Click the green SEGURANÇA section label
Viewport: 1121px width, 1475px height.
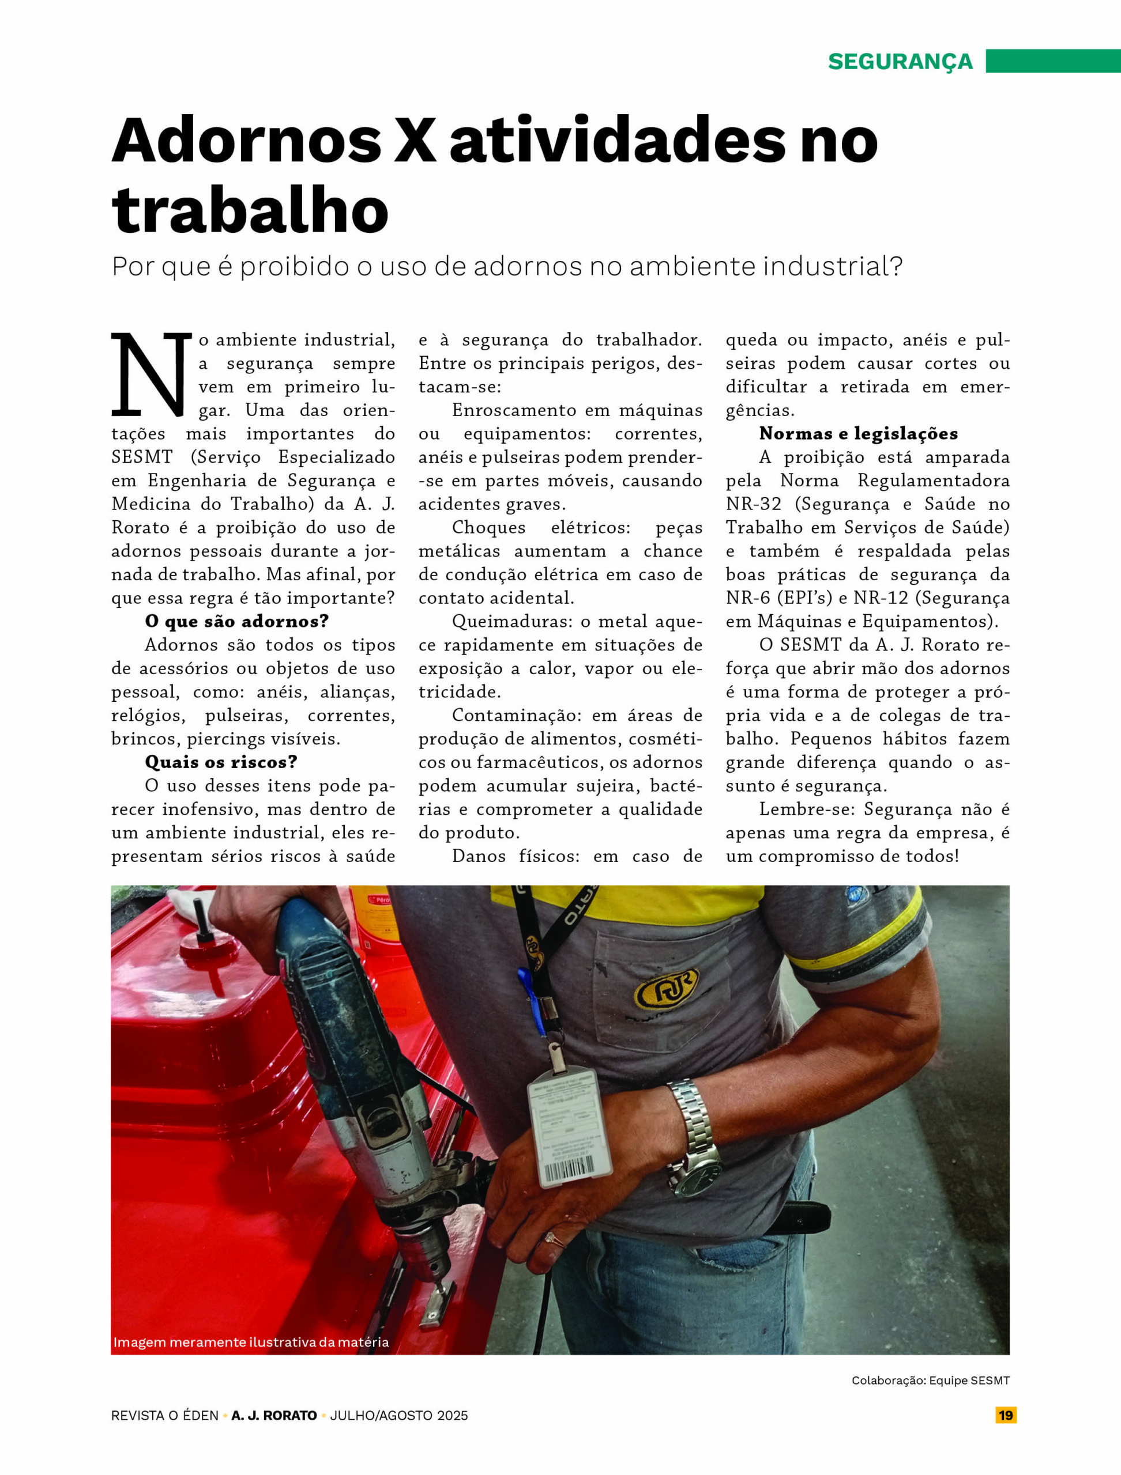point(900,61)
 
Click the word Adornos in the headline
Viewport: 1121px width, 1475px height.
point(246,141)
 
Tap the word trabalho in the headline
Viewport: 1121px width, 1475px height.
point(250,211)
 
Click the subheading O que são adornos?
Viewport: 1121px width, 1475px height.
point(237,622)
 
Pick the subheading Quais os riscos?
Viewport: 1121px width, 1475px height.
point(221,762)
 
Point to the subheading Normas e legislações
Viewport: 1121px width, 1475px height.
point(858,434)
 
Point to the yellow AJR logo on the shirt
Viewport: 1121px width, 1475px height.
point(667,989)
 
